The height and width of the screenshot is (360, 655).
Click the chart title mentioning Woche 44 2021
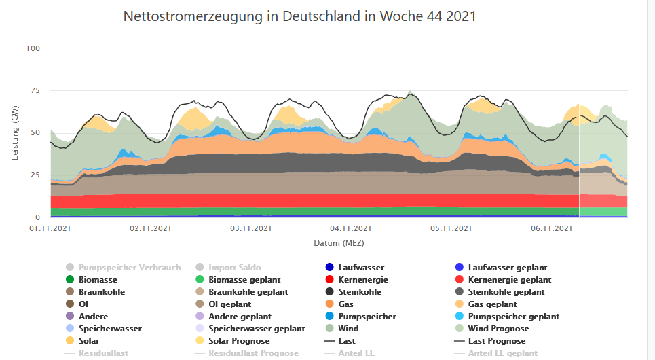[x=299, y=16]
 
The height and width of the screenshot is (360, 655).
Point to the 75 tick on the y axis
[x=33, y=90]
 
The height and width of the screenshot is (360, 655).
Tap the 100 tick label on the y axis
[x=33, y=48]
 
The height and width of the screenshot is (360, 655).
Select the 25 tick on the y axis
[x=33, y=175]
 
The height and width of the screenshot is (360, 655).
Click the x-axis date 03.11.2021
[x=251, y=229]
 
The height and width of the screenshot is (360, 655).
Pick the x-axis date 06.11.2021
[x=552, y=229]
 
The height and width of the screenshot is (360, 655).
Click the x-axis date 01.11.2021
[x=50, y=229]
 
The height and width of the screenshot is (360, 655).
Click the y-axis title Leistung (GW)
[x=15, y=133]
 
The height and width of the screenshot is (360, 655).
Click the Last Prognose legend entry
[x=497, y=341]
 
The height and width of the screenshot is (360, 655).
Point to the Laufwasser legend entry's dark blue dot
[x=330, y=268]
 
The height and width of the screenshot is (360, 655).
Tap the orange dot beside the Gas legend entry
[x=330, y=304]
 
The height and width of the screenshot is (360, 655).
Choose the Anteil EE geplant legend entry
[x=503, y=353]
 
